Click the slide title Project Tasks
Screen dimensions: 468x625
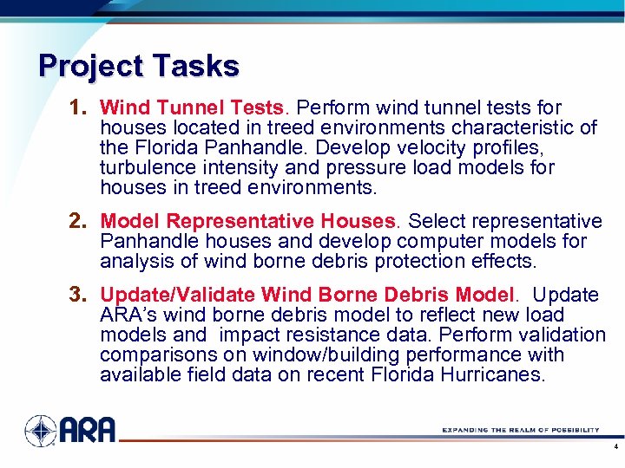[139, 66]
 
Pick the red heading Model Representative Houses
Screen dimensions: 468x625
[248, 222]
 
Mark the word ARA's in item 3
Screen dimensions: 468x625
[126, 315]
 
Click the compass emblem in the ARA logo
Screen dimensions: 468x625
[40, 431]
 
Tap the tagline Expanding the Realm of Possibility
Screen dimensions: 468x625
[520, 430]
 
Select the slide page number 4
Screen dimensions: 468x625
[615, 449]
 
